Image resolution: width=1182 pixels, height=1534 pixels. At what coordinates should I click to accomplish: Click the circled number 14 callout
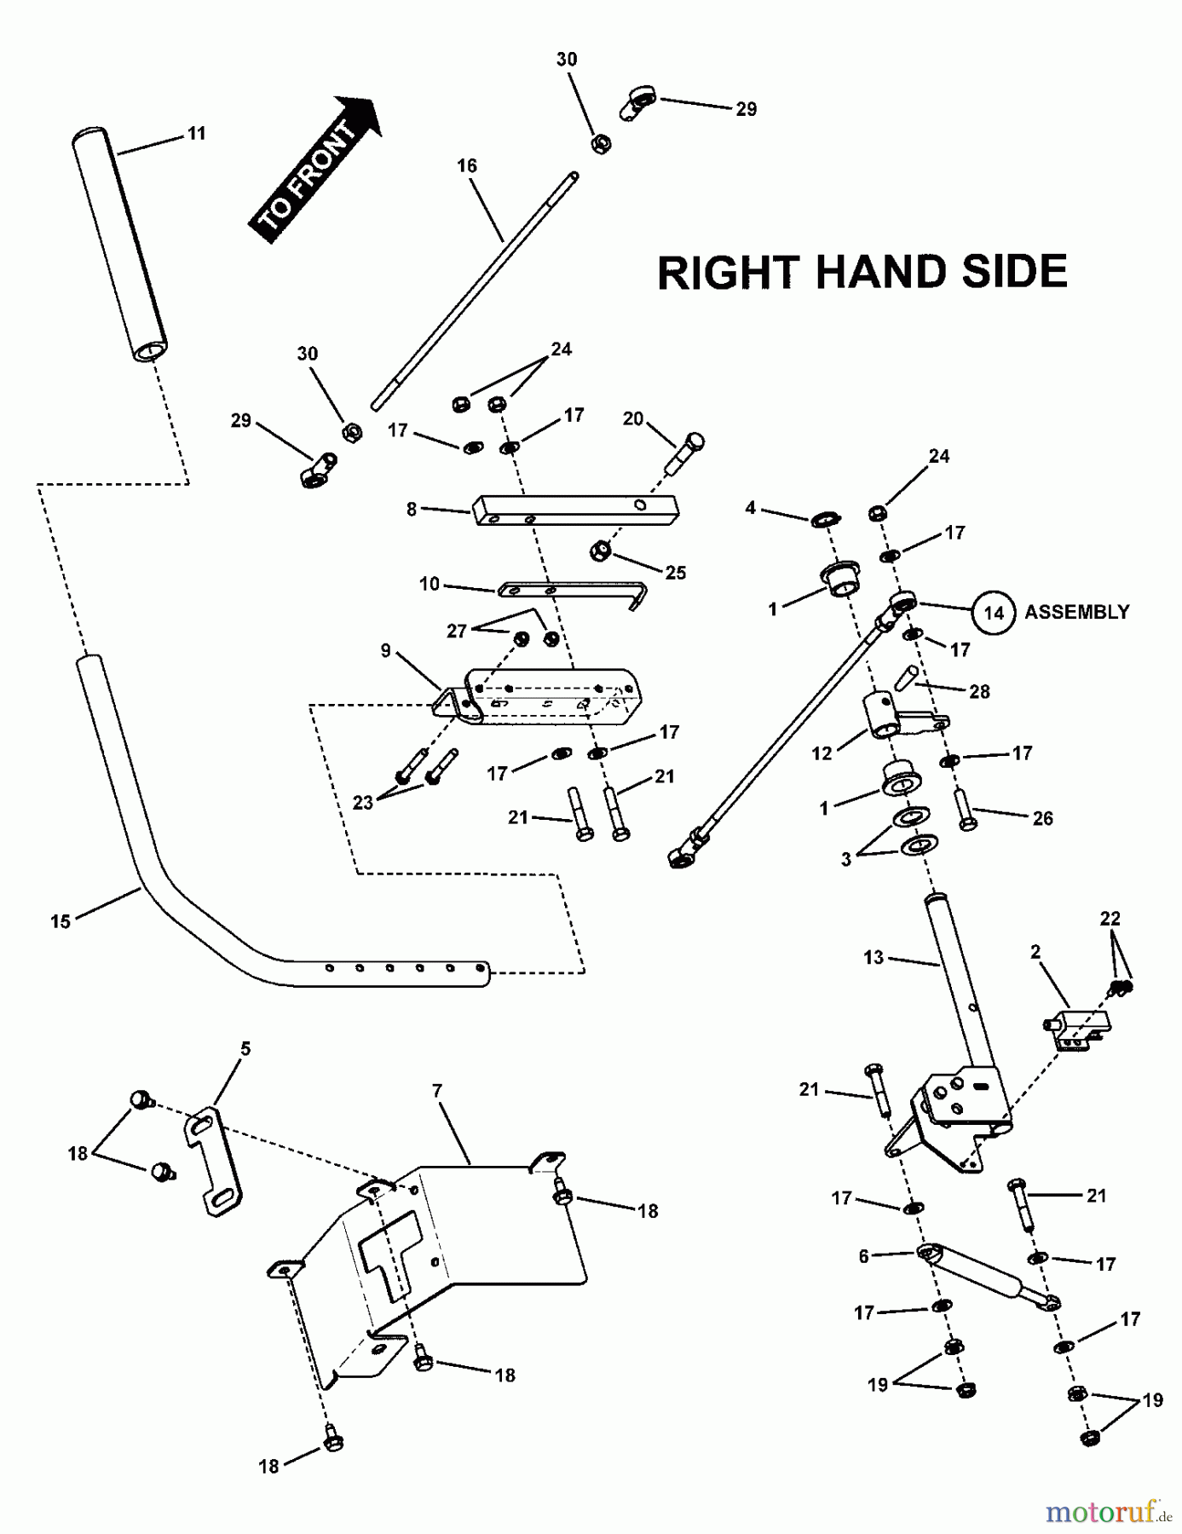(x=994, y=613)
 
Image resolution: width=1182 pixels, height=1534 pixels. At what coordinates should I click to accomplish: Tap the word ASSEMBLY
(x=1076, y=612)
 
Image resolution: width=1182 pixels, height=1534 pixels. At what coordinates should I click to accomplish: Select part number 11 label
(x=197, y=134)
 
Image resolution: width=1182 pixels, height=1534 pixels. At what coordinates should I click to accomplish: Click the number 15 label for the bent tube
(x=61, y=921)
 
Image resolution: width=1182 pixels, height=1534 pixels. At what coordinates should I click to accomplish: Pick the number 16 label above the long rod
(x=467, y=165)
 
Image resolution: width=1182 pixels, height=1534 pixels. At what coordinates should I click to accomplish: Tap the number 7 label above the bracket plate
(x=437, y=1091)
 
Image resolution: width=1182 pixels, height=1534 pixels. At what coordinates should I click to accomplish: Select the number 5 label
(x=246, y=1049)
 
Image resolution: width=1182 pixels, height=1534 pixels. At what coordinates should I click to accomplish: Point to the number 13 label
(x=874, y=957)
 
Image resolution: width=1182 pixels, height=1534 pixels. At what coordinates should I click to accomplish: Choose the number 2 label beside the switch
(x=1035, y=952)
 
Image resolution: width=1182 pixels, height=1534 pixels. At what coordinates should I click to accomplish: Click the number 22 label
(x=1110, y=919)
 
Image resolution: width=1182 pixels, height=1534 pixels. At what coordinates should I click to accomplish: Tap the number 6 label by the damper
(x=863, y=1256)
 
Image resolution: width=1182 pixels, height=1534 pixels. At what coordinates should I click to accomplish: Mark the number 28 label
(x=980, y=692)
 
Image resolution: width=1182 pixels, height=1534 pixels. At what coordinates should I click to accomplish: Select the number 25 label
(x=676, y=573)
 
